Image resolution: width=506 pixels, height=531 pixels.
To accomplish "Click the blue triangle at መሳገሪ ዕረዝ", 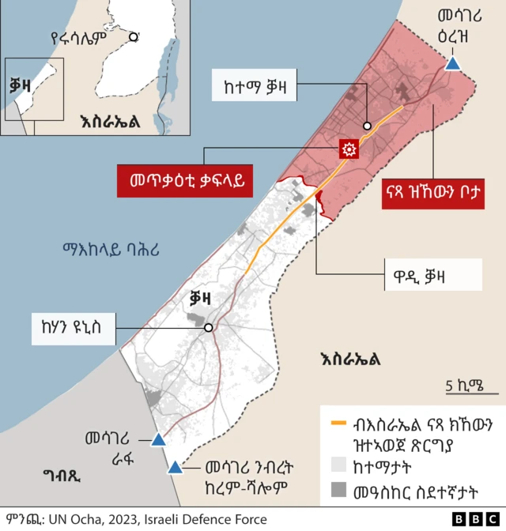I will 452,63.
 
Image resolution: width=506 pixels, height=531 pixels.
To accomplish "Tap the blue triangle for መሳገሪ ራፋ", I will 158,439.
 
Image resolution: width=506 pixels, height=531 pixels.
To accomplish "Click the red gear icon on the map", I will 348,149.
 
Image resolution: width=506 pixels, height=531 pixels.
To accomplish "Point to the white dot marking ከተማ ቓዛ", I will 368,126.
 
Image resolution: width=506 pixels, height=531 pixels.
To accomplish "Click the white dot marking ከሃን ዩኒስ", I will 208,327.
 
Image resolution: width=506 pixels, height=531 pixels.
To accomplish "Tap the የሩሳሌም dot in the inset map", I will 134,36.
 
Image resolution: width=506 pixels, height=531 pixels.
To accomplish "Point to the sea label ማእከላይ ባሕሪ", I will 111,250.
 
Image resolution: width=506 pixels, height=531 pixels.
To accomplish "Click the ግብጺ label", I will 62,476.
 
